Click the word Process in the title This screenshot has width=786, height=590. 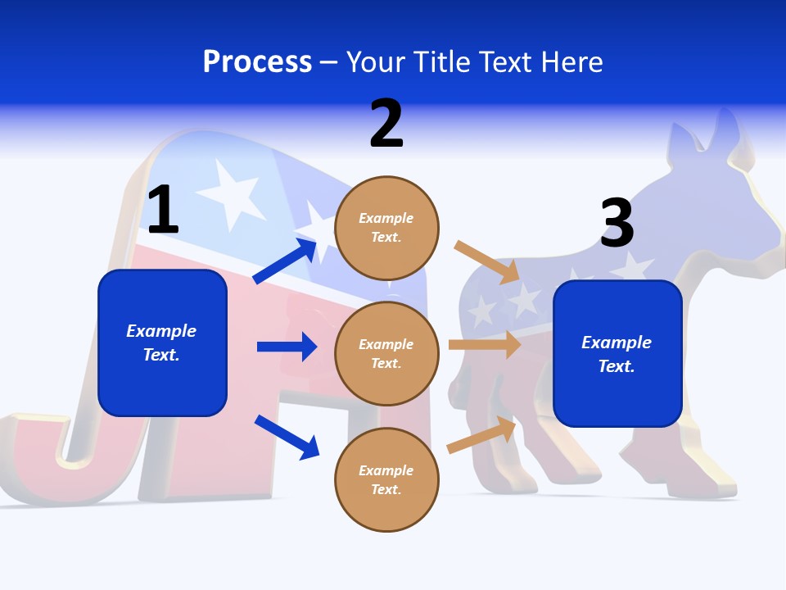(257, 62)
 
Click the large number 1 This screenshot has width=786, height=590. (163, 211)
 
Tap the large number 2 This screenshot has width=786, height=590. (386, 124)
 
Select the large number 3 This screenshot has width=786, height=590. (617, 223)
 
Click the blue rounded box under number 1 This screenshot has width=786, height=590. (162, 343)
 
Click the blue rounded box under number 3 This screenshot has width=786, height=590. (617, 354)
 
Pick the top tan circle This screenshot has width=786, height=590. (386, 227)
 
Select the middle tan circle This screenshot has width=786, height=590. (386, 353)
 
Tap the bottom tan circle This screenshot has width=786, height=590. (386, 479)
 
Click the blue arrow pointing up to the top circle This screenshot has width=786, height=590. (286, 261)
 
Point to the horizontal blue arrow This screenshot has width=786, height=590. (287, 347)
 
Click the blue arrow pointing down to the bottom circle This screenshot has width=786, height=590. (287, 437)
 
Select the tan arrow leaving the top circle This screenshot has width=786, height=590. (487, 261)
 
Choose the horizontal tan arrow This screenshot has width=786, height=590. (485, 345)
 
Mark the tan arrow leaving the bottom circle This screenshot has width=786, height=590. (482, 435)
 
